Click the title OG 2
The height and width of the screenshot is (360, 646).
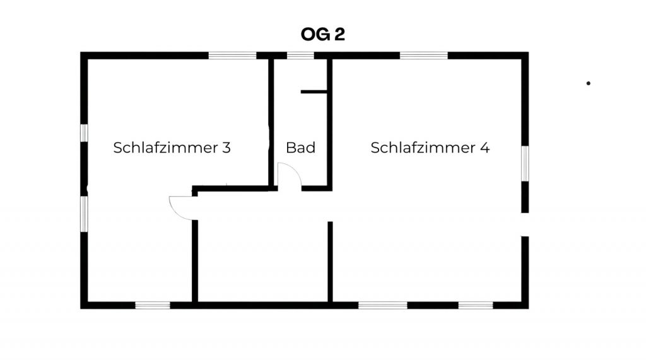[x=323, y=35]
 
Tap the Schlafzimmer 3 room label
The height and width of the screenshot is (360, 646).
[x=172, y=148]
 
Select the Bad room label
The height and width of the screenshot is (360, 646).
[x=300, y=148]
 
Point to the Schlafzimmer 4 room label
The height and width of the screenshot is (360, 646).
[x=430, y=148]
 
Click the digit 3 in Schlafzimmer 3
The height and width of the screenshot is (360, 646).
[x=226, y=148]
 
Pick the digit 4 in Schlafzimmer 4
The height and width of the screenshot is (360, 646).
[x=484, y=148]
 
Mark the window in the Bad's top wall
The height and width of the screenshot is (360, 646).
[x=300, y=55]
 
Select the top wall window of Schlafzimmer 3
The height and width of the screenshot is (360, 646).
[x=232, y=55]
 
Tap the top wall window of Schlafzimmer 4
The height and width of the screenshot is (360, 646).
[x=424, y=55]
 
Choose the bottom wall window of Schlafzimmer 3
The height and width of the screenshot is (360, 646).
[x=153, y=305]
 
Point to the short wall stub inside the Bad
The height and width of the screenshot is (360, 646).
[x=314, y=92]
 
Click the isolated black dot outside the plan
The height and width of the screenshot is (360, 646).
[x=589, y=83]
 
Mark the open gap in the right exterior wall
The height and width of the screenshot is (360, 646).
[x=524, y=224]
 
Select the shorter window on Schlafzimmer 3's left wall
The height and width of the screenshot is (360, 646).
[x=84, y=133]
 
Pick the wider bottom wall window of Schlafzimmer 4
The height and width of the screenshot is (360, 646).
[x=383, y=305]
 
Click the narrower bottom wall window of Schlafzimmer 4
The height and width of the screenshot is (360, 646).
[x=476, y=305]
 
